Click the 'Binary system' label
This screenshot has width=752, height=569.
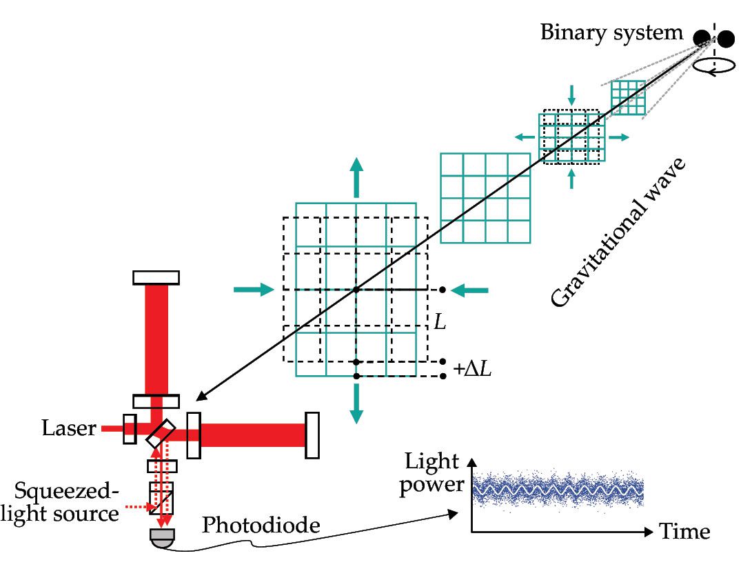click(611, 32)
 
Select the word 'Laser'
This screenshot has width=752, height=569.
click(68, 428)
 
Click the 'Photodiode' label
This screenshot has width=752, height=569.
click(261, 526)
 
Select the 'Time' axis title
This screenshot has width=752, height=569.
click(684, 532)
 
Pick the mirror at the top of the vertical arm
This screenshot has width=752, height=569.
click(156, 277)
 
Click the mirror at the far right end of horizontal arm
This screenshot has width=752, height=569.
click(312, 435)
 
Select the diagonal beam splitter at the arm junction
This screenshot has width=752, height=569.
click(161, 432)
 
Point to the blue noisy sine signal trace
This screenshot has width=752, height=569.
click(558, 491)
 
